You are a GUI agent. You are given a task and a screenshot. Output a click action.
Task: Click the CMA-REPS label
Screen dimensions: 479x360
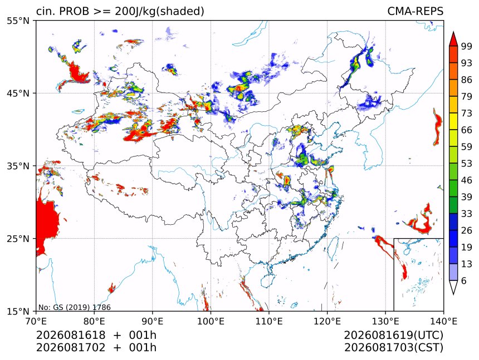point(415,11)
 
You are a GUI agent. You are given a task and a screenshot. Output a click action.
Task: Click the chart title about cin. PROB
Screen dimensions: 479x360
point(120,11)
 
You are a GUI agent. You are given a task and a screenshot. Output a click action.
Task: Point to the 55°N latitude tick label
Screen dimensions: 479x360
point(18,21)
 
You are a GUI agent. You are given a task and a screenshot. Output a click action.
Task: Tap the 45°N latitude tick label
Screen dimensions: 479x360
point(18,93)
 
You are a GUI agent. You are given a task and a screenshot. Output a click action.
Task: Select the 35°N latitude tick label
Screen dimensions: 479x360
point(18,166)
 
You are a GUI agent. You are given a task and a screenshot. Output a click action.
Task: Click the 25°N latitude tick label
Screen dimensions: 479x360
point(18,239)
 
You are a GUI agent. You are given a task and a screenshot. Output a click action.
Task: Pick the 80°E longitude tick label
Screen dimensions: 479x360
point(94,321)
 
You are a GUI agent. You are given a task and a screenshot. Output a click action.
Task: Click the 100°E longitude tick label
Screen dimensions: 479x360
point(211,321)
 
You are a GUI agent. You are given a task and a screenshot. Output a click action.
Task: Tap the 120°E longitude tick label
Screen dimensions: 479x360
point(327,321)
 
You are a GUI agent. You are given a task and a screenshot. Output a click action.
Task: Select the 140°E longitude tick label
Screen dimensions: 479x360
point(443,321)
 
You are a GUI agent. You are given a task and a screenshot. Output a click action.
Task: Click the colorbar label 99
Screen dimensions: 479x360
point(467,46)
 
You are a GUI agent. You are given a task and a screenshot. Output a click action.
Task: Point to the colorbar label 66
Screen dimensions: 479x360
point(467,130)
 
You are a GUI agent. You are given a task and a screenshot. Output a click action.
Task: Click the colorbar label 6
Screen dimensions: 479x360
point(464,280)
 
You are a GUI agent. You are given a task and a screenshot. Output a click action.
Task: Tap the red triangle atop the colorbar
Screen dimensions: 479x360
point(453,40)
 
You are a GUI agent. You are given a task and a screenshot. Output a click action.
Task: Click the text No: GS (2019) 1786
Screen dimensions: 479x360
point(74,307)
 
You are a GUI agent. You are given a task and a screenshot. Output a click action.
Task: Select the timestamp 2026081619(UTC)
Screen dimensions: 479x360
point(393,335)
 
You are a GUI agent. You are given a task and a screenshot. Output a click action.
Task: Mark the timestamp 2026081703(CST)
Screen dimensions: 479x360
point(393,348)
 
